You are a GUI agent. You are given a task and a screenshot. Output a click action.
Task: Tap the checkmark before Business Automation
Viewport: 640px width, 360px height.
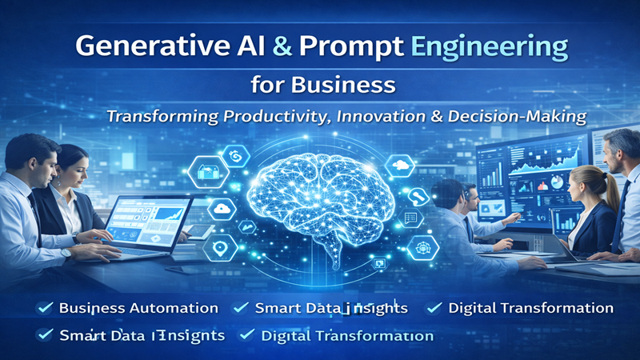(46, 307)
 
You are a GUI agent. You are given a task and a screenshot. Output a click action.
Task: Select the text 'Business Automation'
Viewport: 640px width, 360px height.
(138, 308)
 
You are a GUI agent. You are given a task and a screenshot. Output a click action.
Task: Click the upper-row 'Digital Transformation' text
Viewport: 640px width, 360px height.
(530, 308)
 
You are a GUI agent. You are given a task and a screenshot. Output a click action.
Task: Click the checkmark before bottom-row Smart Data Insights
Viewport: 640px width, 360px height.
(46, 335)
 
